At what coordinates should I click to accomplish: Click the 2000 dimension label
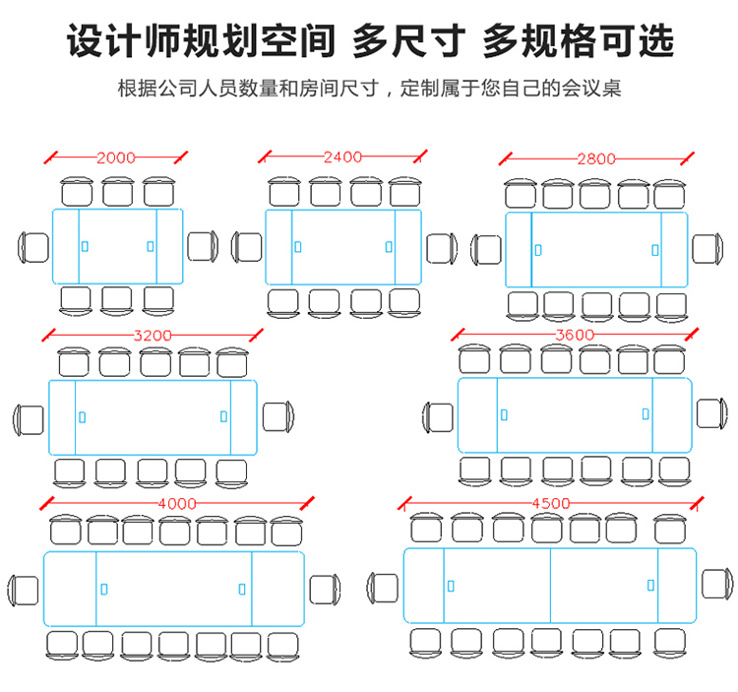point(116,157)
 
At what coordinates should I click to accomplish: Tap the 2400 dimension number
point(342,157)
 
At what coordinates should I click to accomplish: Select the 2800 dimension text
point(596,158)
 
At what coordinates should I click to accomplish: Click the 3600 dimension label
point(575,335)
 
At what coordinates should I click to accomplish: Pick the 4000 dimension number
point(176,503)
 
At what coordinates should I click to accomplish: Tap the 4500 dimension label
point(550,503)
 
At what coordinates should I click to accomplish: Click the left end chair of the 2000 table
point(32,245)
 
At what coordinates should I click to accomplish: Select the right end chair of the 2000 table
point(202,245)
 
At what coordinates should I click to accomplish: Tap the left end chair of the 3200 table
point(28,418)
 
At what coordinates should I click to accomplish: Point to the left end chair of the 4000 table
point(22,590)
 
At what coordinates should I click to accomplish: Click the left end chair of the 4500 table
point(383,588)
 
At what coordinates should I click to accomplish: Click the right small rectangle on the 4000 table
point(242,589)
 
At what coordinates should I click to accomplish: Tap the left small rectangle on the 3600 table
point(504,414)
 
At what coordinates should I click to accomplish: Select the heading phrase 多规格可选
point(578,41)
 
